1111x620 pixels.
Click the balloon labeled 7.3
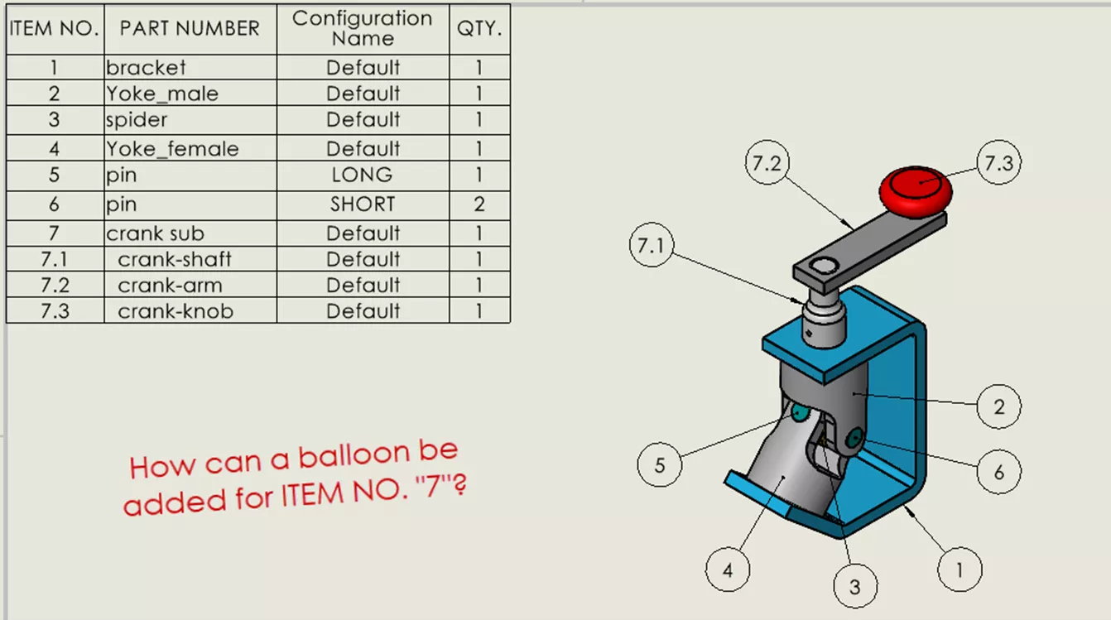pyautogui.click(x=998, y=163)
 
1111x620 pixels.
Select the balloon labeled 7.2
pyautogui.click(x=766, y=163)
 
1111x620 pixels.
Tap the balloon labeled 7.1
pyautogui.click(x=652, y=248)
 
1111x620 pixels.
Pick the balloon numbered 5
pyautogui.click(x=660, y=464)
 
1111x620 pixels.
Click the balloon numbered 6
pyautogui.click(x=998, y=472)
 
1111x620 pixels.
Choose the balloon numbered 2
pyautogui.click(x=998, y=406)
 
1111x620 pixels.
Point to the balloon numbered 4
pyautogui.click(x=728, y=570)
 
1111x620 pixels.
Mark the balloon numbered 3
pyautogui.click(x=854, y=586)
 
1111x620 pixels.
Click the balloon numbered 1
pyautogui.click(x=959, y=570)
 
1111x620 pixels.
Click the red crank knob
pyautogui.click(x=915, y=190)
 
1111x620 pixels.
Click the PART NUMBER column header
pyautogui.click(x=190, y=28)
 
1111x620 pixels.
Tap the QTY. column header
pyautogui.click(x=479, y=28)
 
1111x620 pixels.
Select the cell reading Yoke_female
pyautogui.click(x=172, y=149)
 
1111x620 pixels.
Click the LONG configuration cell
pyautogui.click(x=363, y=175)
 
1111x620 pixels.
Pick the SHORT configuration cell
pyautogui.click(x=363, y=204)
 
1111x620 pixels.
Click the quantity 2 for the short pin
pyautogui.click(x=479, y=204)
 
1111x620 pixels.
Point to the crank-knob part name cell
pyautogui.click(x=176, y=311)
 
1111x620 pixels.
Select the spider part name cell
pyautogui.click(x=137, y=120)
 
